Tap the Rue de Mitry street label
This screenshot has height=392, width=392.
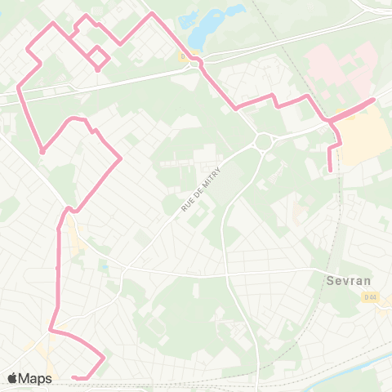(x=200, y=190)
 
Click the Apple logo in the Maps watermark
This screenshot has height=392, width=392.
(x=12, y=378)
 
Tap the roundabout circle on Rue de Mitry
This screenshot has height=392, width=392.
(x=263, y=142)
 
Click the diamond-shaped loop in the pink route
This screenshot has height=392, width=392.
(x=98, y=56)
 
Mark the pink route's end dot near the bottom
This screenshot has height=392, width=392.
(x=73, y=376)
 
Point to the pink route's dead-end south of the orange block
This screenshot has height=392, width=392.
(x=330, y=171)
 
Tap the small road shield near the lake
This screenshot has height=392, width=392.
(x=184, y=56)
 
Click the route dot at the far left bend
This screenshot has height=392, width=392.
(x=42, y=150)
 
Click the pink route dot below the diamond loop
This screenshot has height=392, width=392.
(x=98, y=70)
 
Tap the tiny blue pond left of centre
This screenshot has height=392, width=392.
(x=104, y=265)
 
